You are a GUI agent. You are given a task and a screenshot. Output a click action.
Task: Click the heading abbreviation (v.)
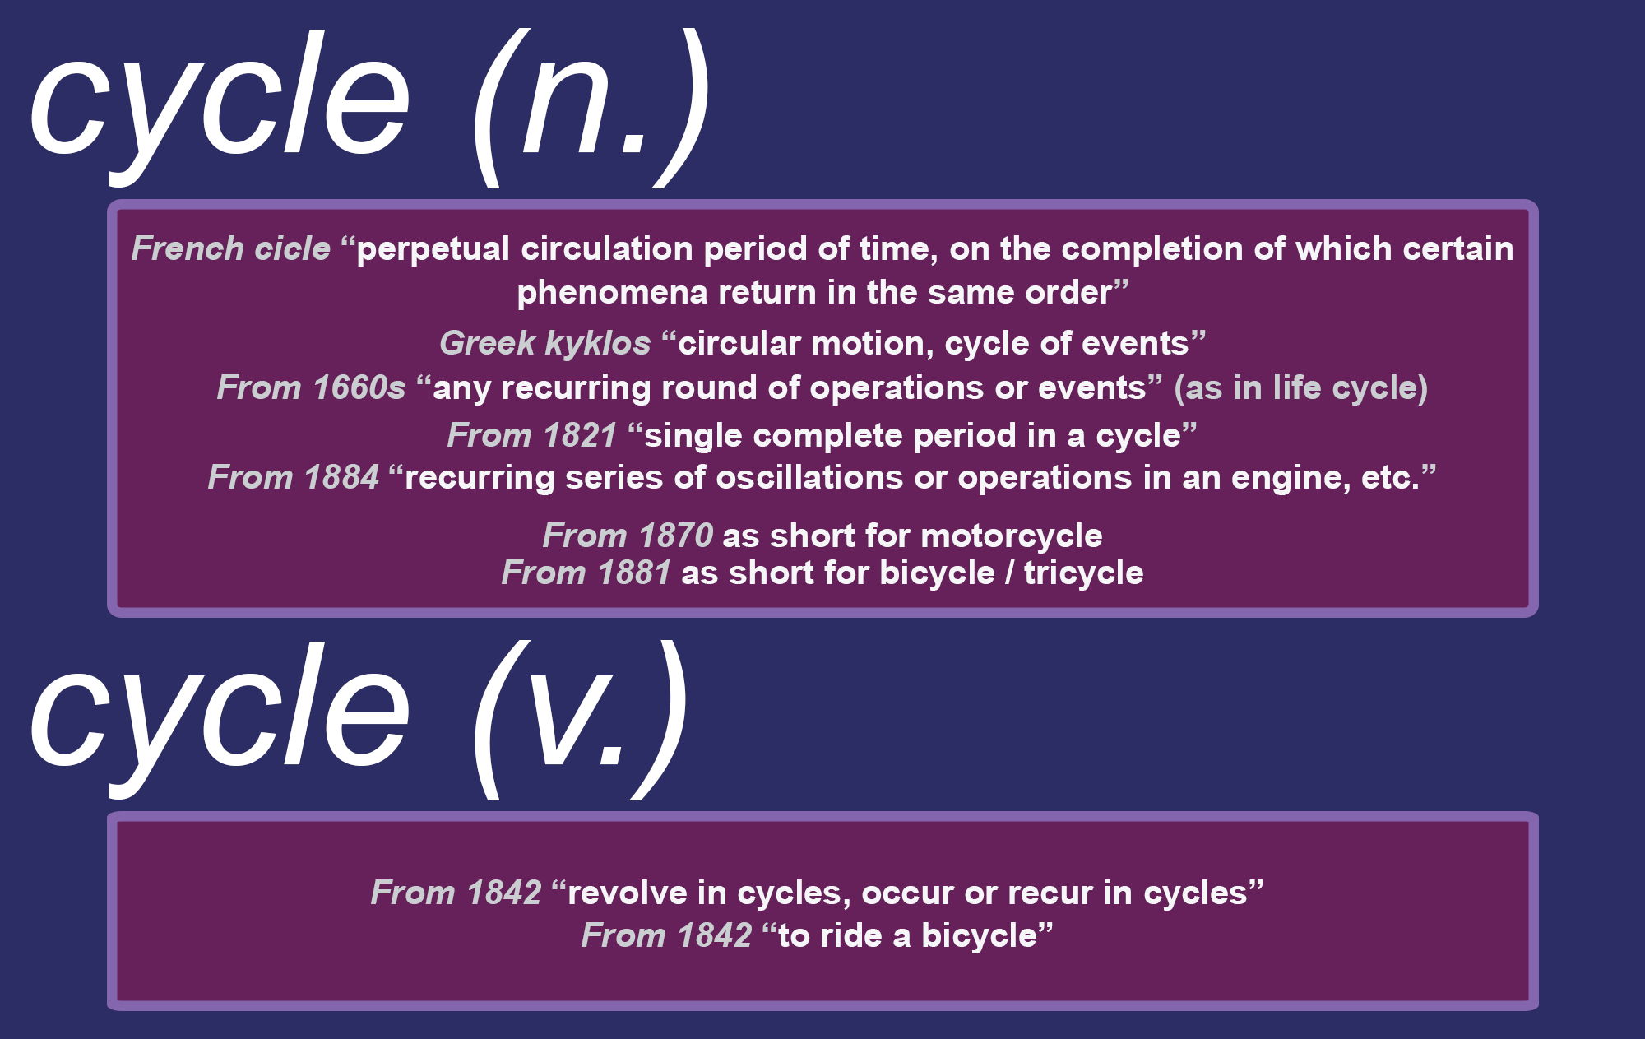point(581,719)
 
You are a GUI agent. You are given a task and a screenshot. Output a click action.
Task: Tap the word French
point(188,248)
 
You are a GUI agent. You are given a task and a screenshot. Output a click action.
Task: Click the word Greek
point(487,343)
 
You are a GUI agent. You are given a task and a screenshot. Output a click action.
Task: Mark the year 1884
point(341,477)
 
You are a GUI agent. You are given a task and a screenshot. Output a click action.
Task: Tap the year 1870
point(675,536)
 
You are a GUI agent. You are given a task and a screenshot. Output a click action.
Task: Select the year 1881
point(634,573)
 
